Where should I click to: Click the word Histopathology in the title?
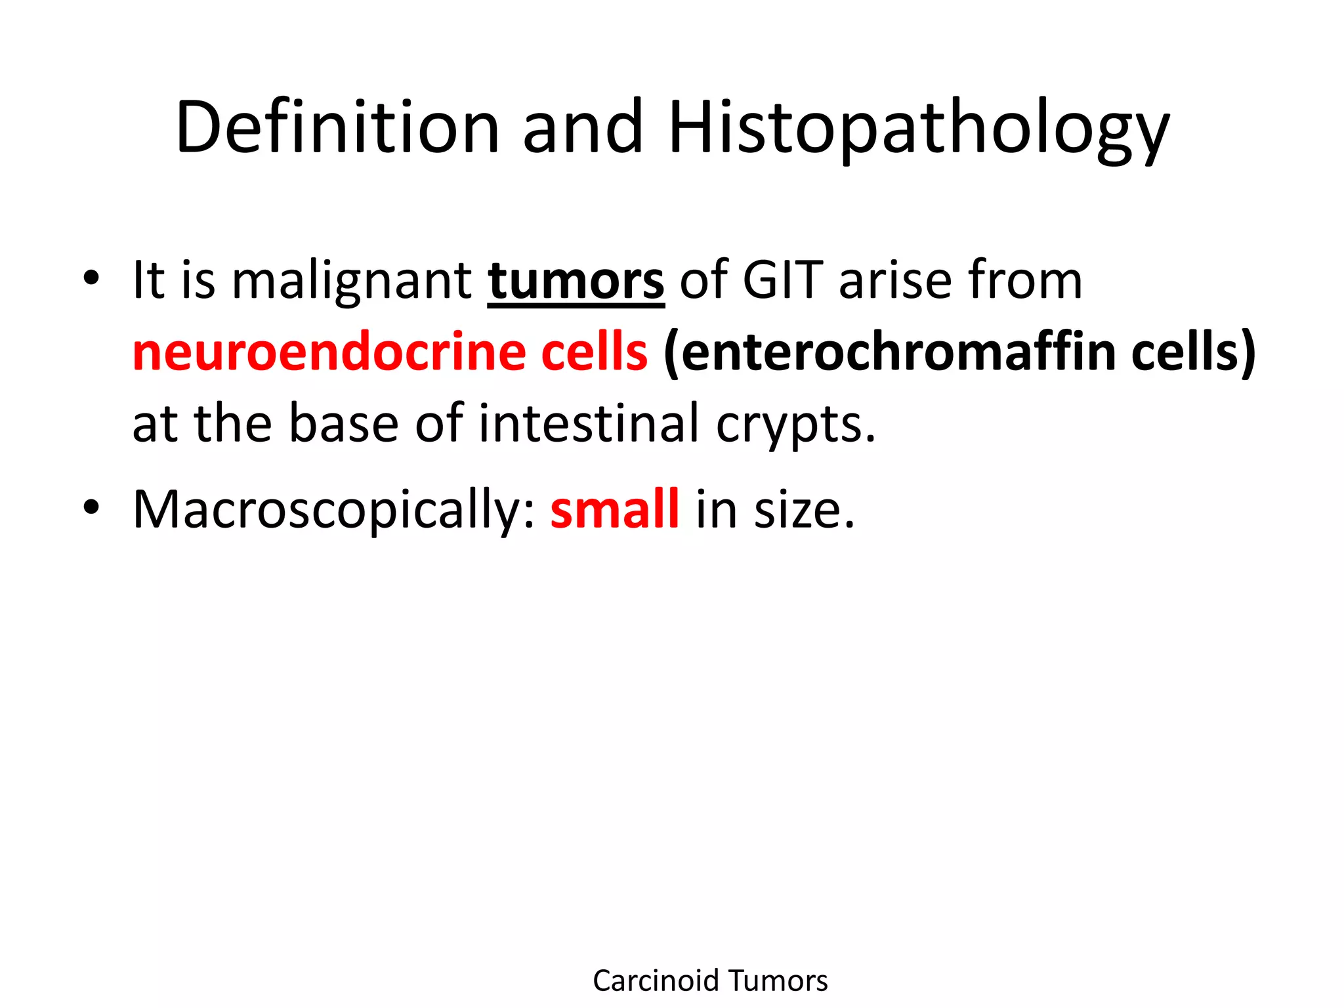point(919,128)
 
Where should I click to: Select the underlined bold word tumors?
point(576,281)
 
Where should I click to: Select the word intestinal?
point(589,423)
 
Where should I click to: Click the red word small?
point(614,509)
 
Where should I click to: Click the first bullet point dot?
point(91,278)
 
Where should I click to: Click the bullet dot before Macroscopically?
point(91,507)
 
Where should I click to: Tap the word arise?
point(895,281)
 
